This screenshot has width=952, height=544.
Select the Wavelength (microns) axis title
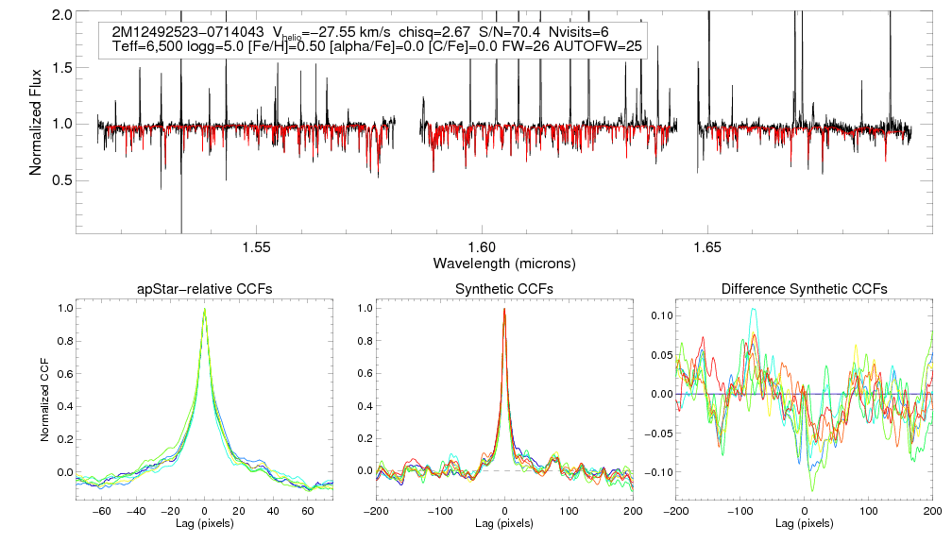tap(504, 262)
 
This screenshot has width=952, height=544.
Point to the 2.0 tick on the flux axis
tap(63, 15)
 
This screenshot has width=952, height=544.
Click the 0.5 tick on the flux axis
tap(63, 179)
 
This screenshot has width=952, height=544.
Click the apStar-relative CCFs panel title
tap(204, 289)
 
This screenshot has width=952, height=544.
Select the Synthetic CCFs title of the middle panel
tap(504, 289)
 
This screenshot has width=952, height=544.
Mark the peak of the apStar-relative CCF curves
tap(204, 309)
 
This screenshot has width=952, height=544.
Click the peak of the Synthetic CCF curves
tap(504, 309)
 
